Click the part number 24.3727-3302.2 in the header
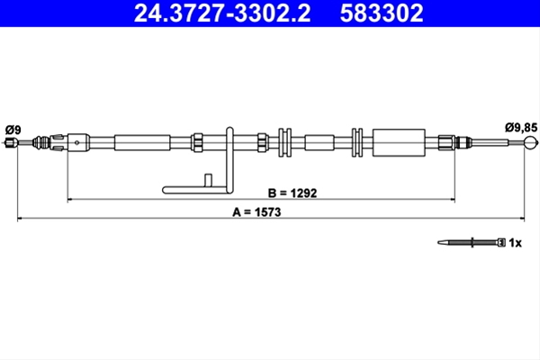[222, 13]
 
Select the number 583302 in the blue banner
[382, 13]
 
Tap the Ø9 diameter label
[13, 130]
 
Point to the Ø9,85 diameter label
[521, 128]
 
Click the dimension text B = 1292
[292, 193]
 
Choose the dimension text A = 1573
[256, 211]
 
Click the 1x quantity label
[515, 243]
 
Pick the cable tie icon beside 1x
[472, 242]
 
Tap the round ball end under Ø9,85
[530, 142]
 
